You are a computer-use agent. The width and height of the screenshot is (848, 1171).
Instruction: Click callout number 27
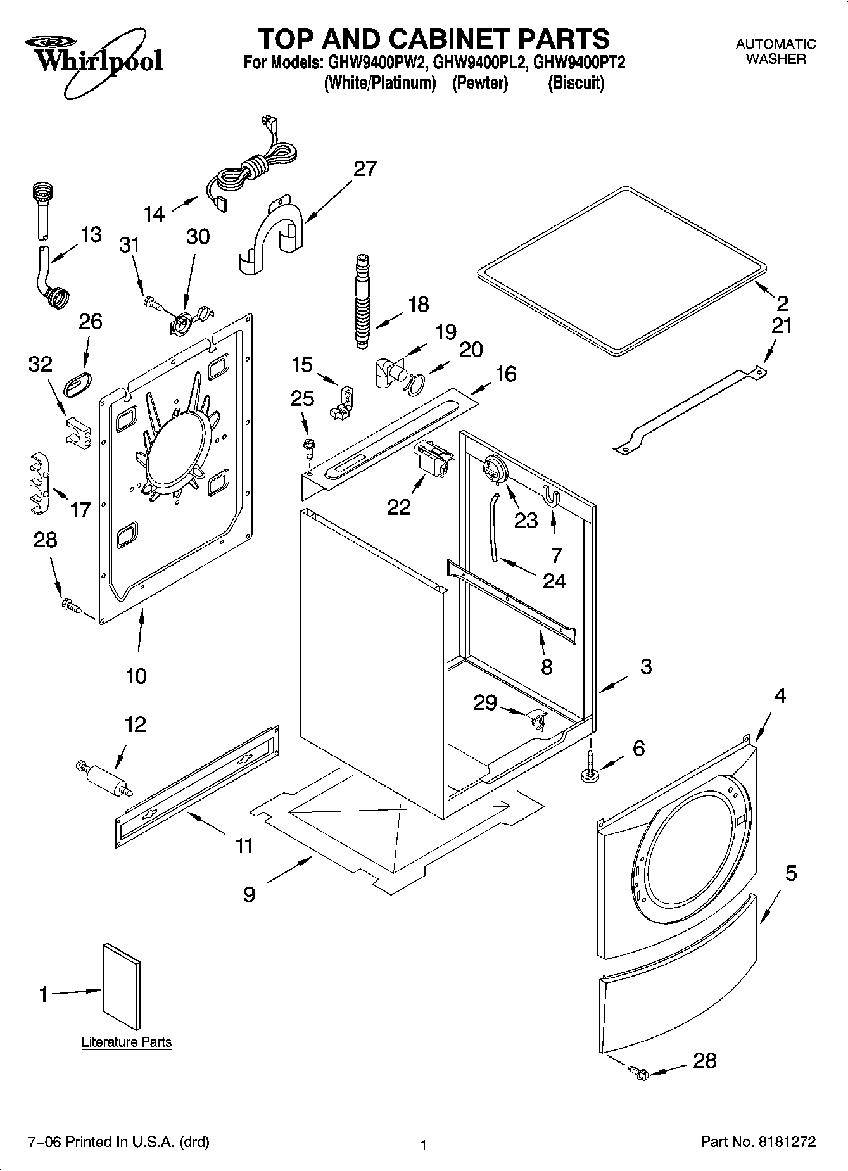click(365, 169)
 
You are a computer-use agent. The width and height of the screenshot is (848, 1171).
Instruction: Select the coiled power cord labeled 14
click(253, 168)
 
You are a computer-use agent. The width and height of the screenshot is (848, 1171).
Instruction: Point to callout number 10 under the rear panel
click(136, 676)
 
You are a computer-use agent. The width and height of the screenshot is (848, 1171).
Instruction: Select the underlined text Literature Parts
click(127, 1042)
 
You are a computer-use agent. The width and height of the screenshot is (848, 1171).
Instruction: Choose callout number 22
click(399, 507)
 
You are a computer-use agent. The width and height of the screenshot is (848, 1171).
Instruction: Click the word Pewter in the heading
click(480, 83)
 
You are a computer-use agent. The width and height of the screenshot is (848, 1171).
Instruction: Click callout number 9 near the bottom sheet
click(250, 894)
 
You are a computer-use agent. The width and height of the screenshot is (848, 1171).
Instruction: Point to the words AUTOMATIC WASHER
click(776, 51)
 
